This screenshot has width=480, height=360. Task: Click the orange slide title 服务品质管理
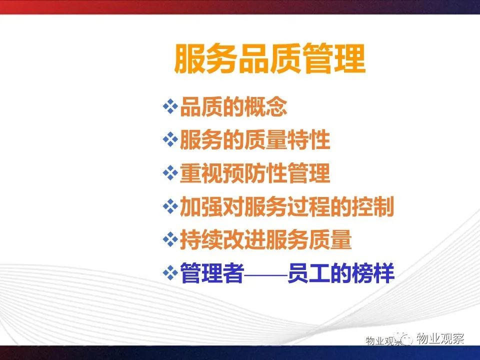(270, 59)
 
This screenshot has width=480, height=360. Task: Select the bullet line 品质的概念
(233, 107)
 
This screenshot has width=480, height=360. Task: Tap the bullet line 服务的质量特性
(255, 140)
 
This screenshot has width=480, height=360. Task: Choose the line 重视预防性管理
(255, 173)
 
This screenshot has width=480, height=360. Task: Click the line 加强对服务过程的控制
(287, 206)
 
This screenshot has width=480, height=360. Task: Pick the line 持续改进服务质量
(265, 239)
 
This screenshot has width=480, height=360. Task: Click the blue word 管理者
(212, 273)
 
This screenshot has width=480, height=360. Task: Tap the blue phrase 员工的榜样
(340, 273)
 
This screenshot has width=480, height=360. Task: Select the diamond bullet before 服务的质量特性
(170, 140)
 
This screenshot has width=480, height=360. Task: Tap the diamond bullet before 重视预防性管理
(170, 173)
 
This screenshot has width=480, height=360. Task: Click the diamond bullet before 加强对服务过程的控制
(170, 206)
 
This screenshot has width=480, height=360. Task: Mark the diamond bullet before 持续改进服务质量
(170, 239)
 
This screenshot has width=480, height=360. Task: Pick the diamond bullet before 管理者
(170, 273)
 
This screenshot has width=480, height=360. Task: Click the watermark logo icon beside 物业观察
(404, 338)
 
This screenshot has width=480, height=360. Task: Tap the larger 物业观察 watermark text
(440, 338)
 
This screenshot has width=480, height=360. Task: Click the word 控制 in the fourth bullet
(373, 206)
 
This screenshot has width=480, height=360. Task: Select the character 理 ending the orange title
(350, 59)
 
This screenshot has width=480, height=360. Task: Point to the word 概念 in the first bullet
(266, 107)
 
